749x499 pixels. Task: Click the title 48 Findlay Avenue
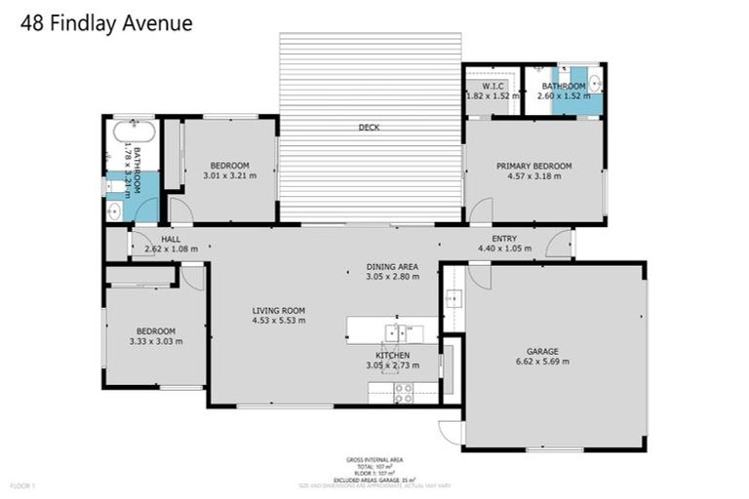[106, 22]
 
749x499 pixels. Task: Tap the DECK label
[369, 128]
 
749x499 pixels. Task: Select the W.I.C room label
[493, 86]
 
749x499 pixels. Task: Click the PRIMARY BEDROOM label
[533, 167]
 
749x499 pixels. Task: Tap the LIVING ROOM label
[279, 310]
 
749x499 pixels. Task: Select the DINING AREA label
[392, 266]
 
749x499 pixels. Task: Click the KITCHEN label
[393, 355]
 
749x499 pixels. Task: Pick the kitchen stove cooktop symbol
[402, 393]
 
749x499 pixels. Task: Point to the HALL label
[171, 239]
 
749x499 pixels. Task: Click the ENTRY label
[504, 239]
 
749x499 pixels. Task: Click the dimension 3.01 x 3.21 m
[229, 175]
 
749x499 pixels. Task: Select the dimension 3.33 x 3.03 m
[155, 341]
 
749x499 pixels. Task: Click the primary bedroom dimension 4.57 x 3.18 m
[533, 177]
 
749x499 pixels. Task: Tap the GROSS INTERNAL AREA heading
[374, 459]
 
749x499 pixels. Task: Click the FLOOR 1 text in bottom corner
[22, 484]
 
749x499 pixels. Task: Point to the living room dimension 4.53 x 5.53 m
[279, 321]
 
